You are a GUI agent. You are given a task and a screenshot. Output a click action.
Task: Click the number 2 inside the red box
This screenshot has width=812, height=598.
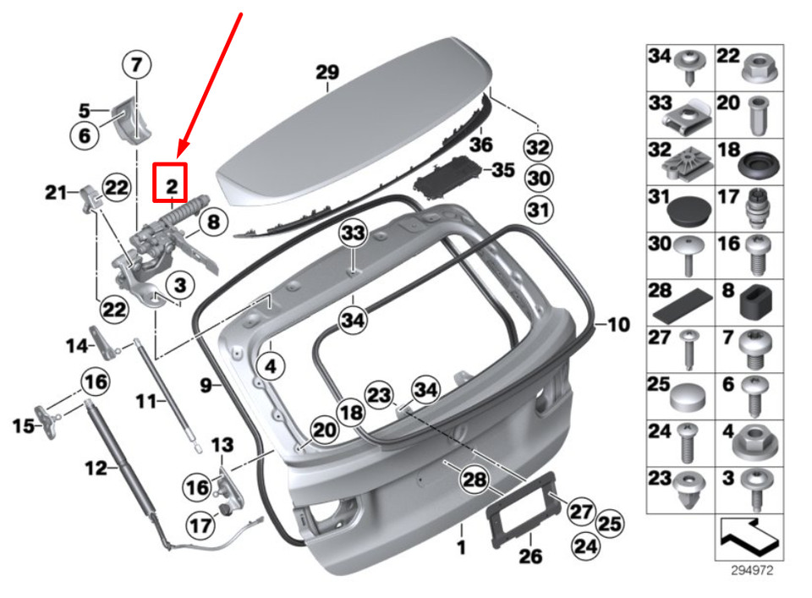[x=171, y=184]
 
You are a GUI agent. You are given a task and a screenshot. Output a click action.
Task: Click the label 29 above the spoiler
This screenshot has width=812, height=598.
[x=326, y=73]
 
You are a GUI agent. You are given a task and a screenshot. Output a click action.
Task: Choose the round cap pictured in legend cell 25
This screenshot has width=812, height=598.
[x=686, y=395]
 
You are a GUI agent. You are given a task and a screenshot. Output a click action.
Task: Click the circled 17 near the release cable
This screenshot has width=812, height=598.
[x=201, y=525]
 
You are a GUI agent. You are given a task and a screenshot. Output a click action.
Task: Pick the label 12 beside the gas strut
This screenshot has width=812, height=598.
[x=96, y=467]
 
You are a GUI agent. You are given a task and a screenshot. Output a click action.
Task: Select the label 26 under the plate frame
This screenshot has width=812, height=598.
[x=529, y=557]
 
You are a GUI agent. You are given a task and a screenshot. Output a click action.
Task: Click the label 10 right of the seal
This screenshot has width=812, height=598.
[x=618, y=324]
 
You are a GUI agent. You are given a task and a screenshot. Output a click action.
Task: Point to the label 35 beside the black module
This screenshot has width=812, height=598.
[x=502, y=171]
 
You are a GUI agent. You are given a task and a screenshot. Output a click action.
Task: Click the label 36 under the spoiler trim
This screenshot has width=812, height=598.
[x=480, y=145]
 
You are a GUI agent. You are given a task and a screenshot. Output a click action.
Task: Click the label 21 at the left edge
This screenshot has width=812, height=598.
[x=57, y=193]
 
